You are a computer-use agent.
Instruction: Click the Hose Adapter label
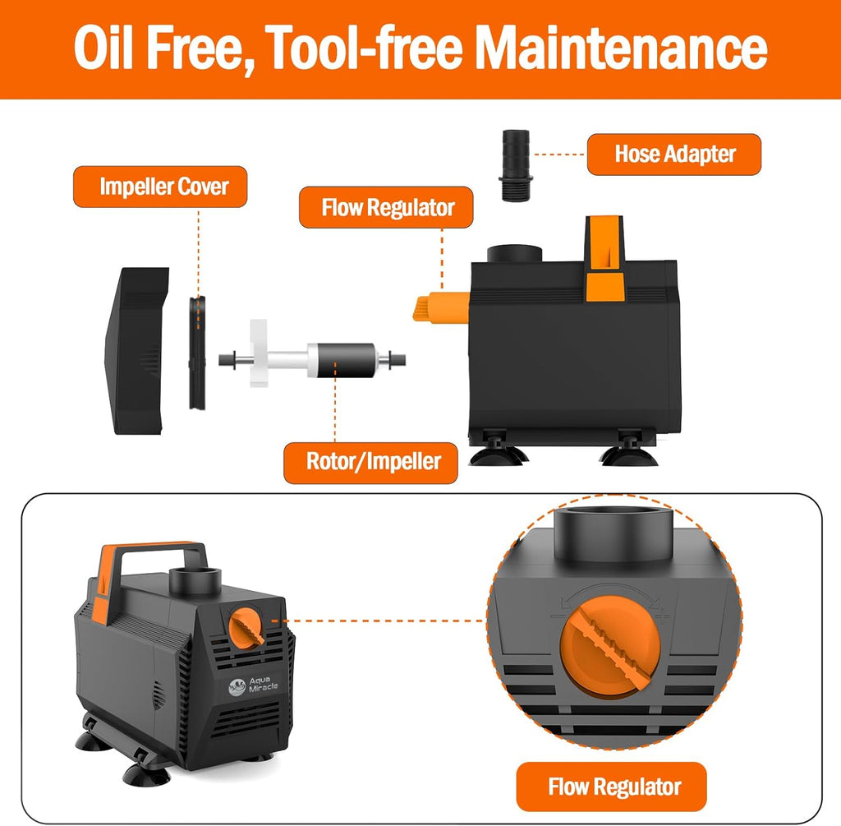tap(674, 155)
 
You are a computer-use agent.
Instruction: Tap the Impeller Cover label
tap(160, 187)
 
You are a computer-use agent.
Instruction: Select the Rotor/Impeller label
tap(370, 463)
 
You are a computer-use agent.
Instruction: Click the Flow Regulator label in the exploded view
tap(386, 207)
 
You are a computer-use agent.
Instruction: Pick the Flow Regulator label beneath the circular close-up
tap(611, 787)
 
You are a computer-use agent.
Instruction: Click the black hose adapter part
tap(516, 165)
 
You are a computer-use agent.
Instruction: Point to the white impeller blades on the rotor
tap(259, 353)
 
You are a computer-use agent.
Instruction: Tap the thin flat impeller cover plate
tap(197, 353)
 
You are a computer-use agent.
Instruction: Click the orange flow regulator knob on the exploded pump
tap(441, 307)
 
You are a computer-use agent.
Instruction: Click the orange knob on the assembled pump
tap(246, 625)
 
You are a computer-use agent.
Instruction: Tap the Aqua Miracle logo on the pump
tap(253, 685)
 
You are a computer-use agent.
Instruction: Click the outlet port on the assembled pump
tap(195, 580)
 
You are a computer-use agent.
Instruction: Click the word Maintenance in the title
tap(621, 48)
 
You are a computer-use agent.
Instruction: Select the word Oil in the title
tap(103, 48)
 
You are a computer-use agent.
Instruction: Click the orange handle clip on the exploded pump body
tap(604, 259)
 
